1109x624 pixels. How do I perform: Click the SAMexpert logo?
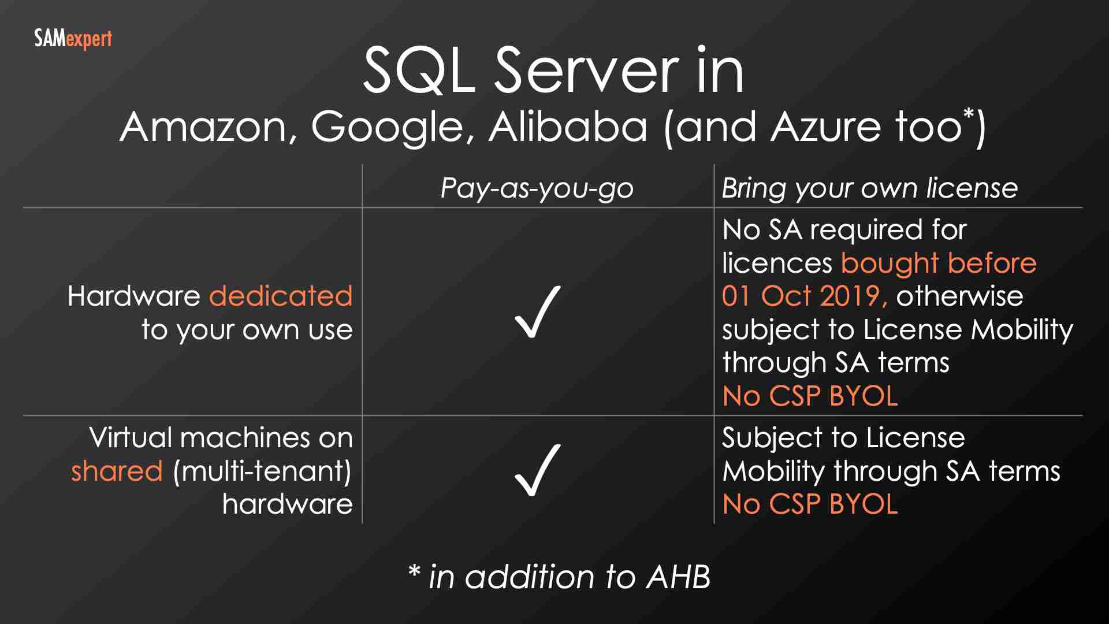(x=73, y=39)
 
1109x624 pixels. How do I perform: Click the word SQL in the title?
(x=419, y=70)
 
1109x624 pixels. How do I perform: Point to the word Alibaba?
(x=568, y=127)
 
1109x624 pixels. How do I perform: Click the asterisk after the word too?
(x=969, y=113)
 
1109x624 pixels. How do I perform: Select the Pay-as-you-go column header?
(x=537, y=188)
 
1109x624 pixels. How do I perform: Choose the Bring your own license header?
(x=869, y=188)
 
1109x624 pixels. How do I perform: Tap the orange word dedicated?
(x=281, y=296)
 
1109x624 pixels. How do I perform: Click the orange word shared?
(x=117, y=471)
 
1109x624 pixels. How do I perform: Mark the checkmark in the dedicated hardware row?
(x=537, y=312)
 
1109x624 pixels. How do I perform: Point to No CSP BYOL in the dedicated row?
(x=810, y=396)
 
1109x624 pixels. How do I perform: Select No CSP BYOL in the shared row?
(x=810, y=504)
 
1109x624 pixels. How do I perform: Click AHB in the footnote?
(x=678, y=577)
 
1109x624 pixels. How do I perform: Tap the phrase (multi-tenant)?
(x=262, y=471)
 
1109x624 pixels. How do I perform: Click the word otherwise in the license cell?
(x=959, y=296)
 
